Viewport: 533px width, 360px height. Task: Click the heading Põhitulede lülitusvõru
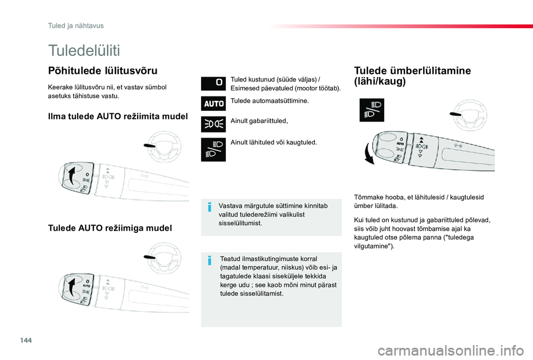tap(103, 70)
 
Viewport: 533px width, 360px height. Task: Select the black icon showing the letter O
tap(213, 84)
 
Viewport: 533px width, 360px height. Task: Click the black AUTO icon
tap(213, 103)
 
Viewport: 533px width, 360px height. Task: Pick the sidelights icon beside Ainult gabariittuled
tap(213, 123)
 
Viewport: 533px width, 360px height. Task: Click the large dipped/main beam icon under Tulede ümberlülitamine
tap(371, 110)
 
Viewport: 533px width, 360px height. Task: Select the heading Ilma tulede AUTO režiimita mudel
tap(118, 116)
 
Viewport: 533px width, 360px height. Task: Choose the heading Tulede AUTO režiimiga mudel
tap(110, 228)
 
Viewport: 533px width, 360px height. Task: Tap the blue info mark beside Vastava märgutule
tap(209, 207)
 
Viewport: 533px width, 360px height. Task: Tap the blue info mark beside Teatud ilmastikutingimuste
tap(209, 260)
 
